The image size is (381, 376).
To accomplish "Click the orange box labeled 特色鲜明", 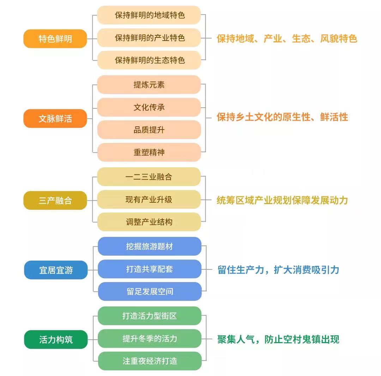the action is click(55, 39).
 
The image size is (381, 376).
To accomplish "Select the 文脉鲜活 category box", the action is click(55, 118).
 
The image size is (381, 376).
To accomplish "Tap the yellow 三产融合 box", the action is click(55, 201).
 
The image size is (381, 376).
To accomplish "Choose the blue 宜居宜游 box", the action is click(56, 270).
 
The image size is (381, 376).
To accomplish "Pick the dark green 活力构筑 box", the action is click(56, 340).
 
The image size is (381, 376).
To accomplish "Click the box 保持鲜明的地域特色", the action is click(149, 15).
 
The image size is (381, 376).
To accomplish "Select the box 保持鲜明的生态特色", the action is click(149, 60).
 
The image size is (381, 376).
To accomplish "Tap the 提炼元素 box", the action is click(149, 85).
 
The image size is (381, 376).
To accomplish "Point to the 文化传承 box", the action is click(149, 107).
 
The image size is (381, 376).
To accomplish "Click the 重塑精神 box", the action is click(149, 152).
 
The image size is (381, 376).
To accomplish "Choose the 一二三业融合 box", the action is click(149, 177).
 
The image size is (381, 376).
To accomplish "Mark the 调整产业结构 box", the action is click(149, 222).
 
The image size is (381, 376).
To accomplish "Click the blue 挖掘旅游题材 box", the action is click(150, 246).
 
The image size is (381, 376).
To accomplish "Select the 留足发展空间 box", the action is click(150, 291).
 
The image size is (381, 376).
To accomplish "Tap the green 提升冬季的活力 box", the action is click(150, 339).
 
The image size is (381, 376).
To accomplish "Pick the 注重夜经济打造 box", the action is click(150, 361).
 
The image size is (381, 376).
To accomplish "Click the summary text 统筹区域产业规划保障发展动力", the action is click(282, 201).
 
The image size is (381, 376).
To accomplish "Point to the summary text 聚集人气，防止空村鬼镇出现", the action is click(278, 340).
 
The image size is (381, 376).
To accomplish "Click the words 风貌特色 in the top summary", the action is click(339, 39).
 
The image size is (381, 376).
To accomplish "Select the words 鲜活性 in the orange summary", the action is click(334, 117).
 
